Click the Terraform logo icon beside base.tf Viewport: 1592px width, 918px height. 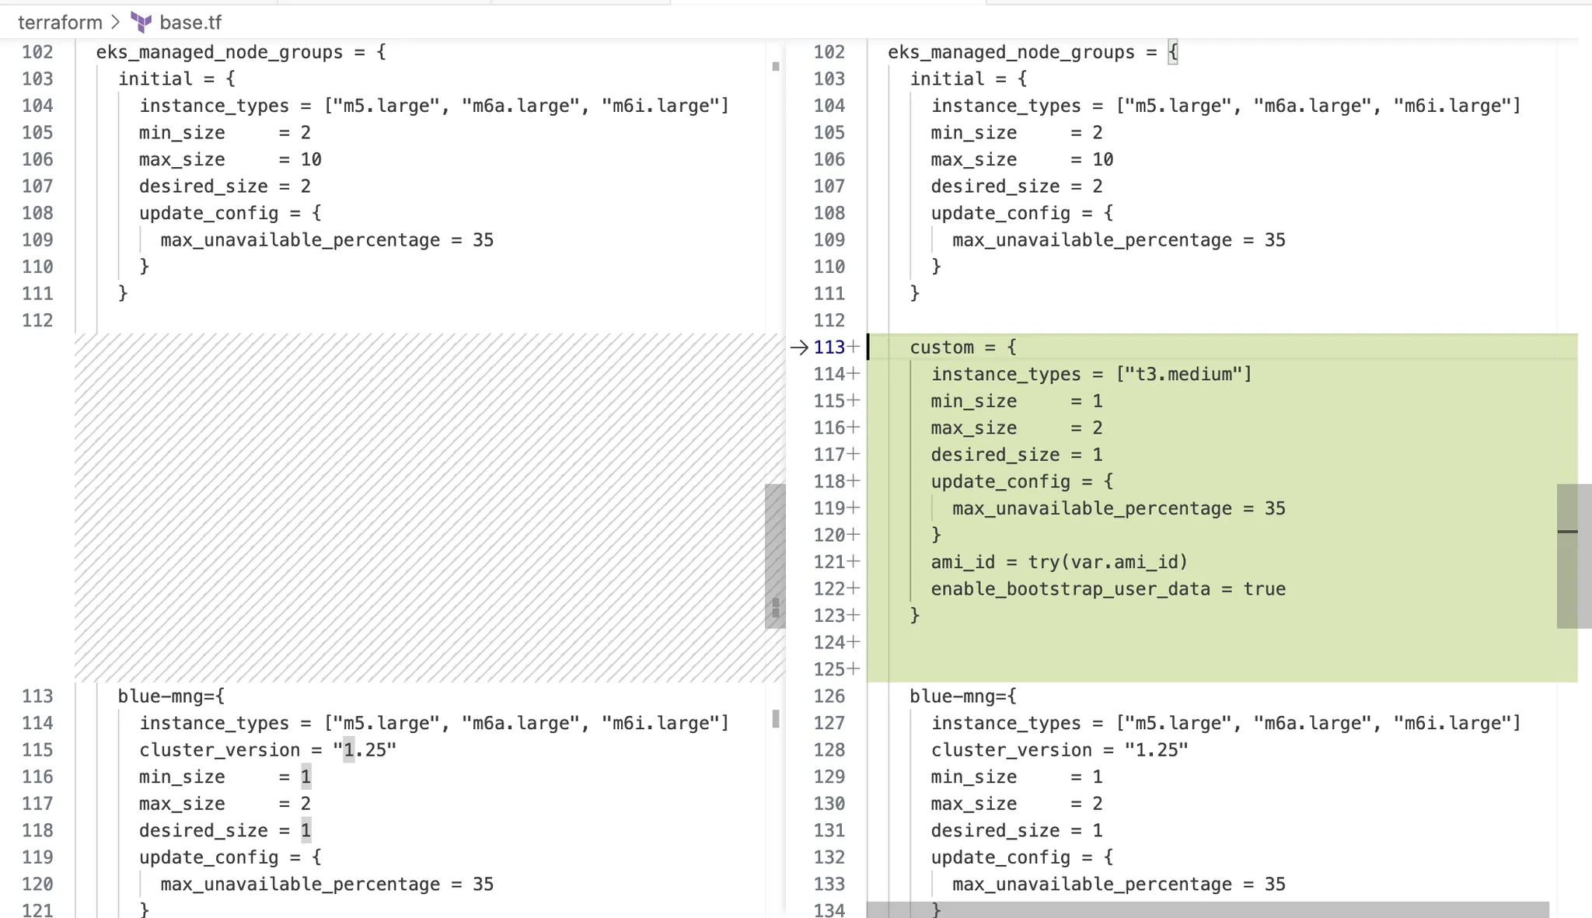tap(141, 23)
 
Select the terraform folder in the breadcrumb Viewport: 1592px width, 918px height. tap(60, 23)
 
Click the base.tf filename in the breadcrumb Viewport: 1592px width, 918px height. tap(190, 23)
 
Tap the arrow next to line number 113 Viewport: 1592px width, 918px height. tap(799, 347)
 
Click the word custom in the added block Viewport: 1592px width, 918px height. tap(941, 347)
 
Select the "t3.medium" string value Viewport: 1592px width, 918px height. tap(1183, 375)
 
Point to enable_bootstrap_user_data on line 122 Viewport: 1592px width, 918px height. tap(1070, 589)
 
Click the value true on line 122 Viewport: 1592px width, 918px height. tap(1264, 589)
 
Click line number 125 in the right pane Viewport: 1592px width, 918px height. tap(829, 669)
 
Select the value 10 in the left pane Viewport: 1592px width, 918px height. tap(311, 159)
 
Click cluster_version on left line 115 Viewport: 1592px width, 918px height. tap(219, 750)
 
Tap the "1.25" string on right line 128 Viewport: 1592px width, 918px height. tap(1156, 750)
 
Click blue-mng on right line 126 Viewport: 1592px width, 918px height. tap(951, 696)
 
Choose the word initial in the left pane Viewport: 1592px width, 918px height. tap(155, 79)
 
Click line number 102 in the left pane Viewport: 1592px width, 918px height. tap(37, 52)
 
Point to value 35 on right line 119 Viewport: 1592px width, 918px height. tap(1275, 508)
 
